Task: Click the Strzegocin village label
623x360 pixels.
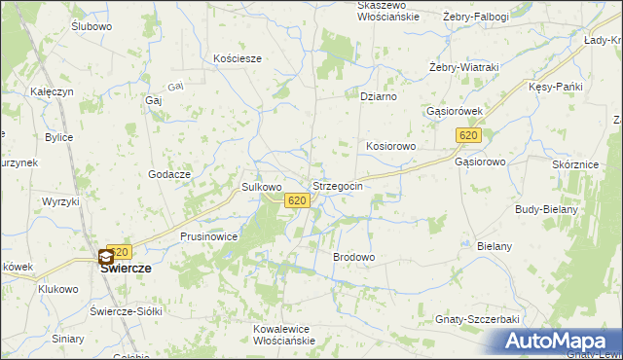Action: click(338, 185)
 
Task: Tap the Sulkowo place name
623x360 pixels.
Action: click(261, 186)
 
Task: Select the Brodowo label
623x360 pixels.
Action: click(354, 257)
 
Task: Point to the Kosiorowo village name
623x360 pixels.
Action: click(391, 145)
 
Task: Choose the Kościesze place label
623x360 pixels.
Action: click(238, 58)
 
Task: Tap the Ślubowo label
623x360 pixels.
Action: click(92, 26)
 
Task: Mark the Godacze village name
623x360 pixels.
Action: click(169, 172)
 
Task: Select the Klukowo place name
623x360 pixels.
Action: click(57, 289)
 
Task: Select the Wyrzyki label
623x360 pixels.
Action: click(60, 200)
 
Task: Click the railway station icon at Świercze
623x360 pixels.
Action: click(105, 258)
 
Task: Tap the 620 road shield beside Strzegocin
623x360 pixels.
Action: click(298, 200)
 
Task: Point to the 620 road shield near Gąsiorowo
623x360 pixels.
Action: click(468, 135)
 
